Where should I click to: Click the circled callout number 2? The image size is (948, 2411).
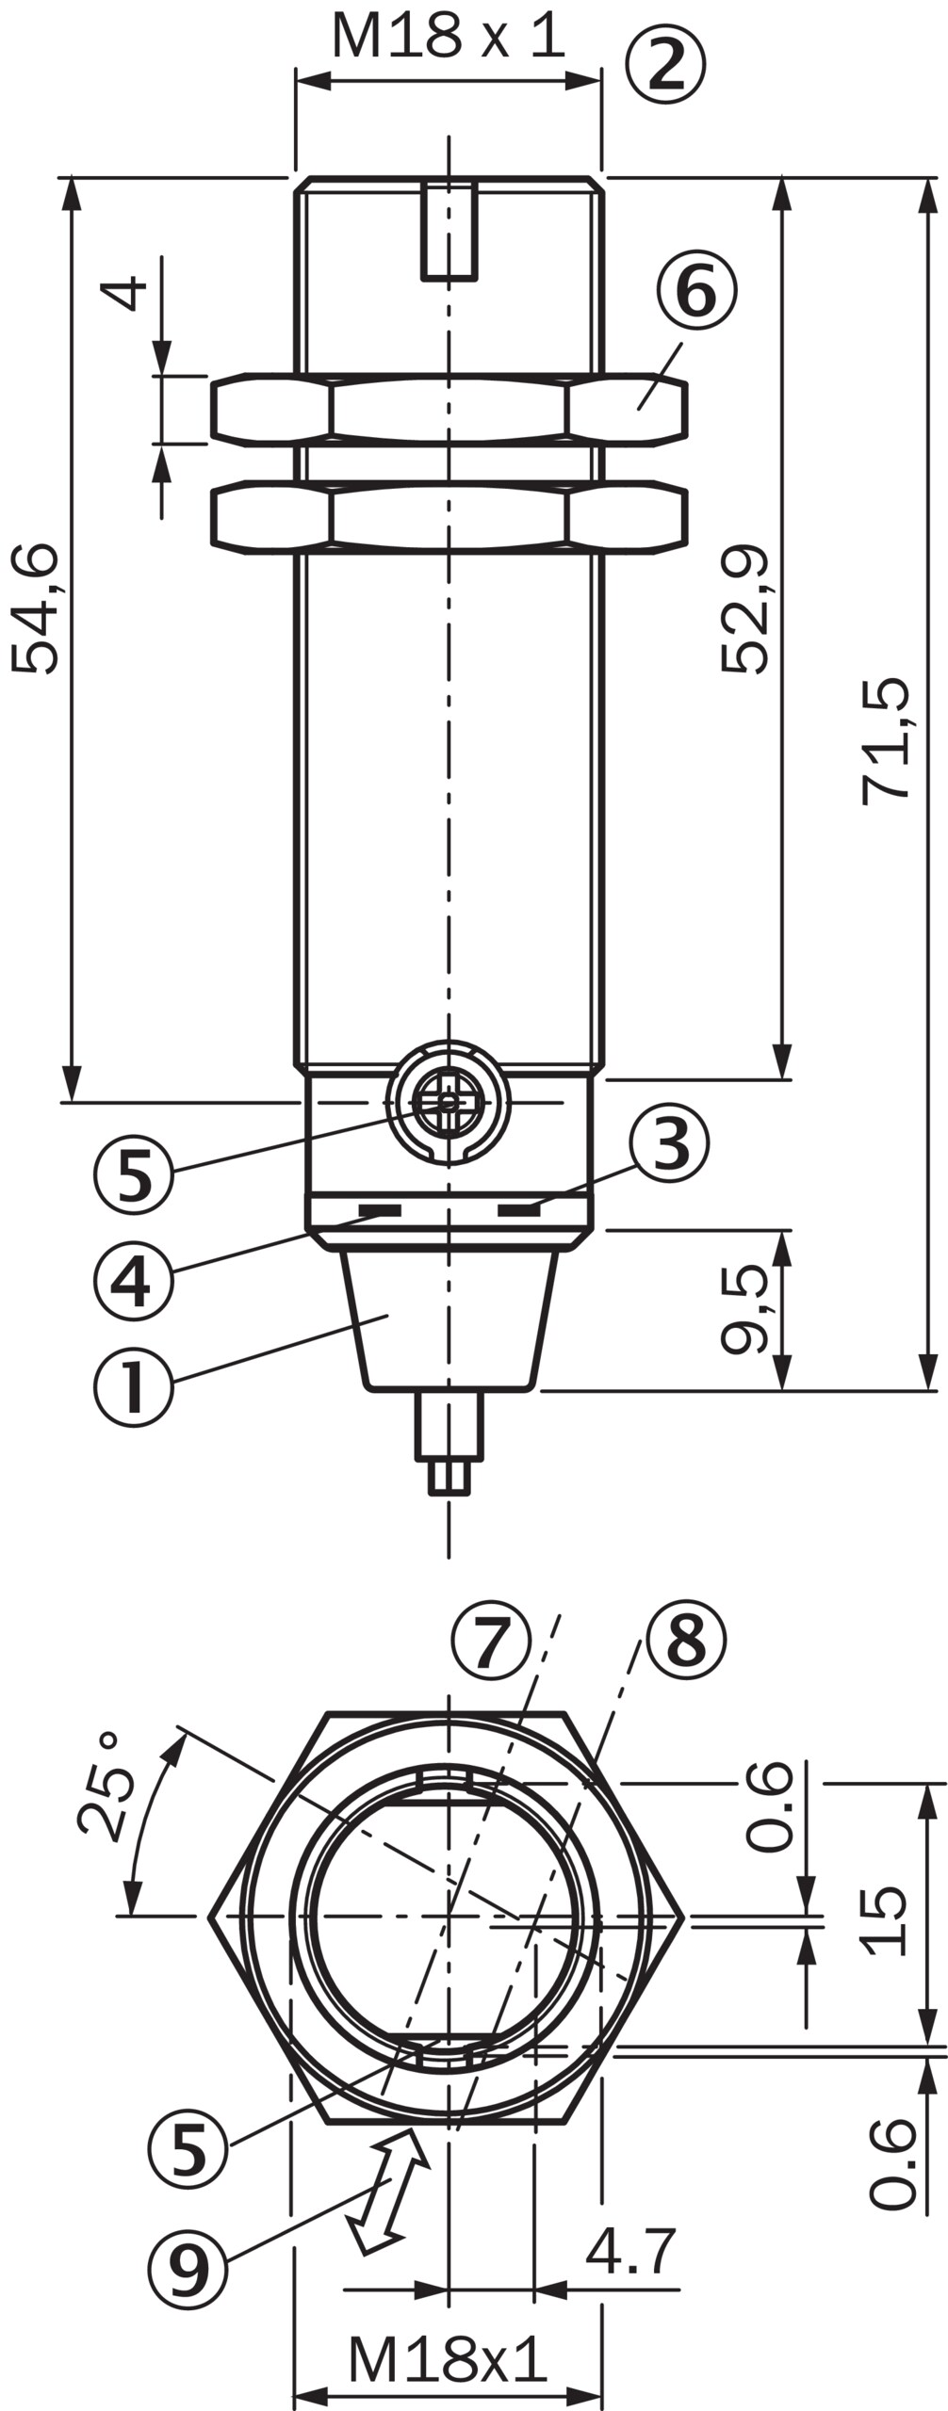click(665, 64)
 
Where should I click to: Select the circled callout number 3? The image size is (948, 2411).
click(669, 1143)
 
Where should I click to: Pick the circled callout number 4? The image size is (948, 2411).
click(134, 1280)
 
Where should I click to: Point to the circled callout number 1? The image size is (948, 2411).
click(134, 1387)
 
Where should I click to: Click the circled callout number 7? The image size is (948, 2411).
click(491, 1641)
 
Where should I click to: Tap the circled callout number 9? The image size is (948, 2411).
click(188, 2270)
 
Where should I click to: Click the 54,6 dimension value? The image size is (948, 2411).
click(36, 609)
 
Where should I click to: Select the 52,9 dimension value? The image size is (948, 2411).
click(745, 609)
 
